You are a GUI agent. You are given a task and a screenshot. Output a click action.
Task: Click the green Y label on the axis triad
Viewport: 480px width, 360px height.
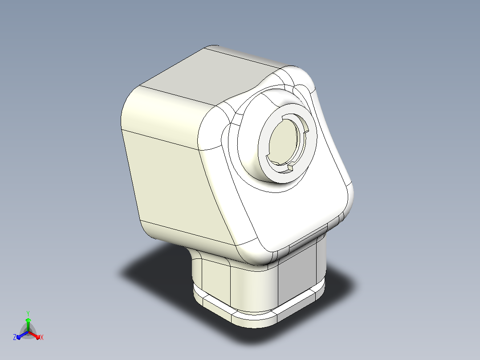(28, 313)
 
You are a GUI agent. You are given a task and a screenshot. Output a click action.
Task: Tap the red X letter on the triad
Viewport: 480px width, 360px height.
(42, 337)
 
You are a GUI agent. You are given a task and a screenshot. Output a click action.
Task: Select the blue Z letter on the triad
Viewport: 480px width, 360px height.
(15, 337)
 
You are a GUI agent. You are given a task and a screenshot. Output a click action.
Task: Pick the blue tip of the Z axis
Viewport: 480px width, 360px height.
(19, 337)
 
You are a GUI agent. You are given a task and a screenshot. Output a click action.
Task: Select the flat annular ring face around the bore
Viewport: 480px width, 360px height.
(263, 144)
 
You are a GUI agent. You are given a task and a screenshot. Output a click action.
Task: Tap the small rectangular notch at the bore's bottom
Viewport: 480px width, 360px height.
(290, 167)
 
